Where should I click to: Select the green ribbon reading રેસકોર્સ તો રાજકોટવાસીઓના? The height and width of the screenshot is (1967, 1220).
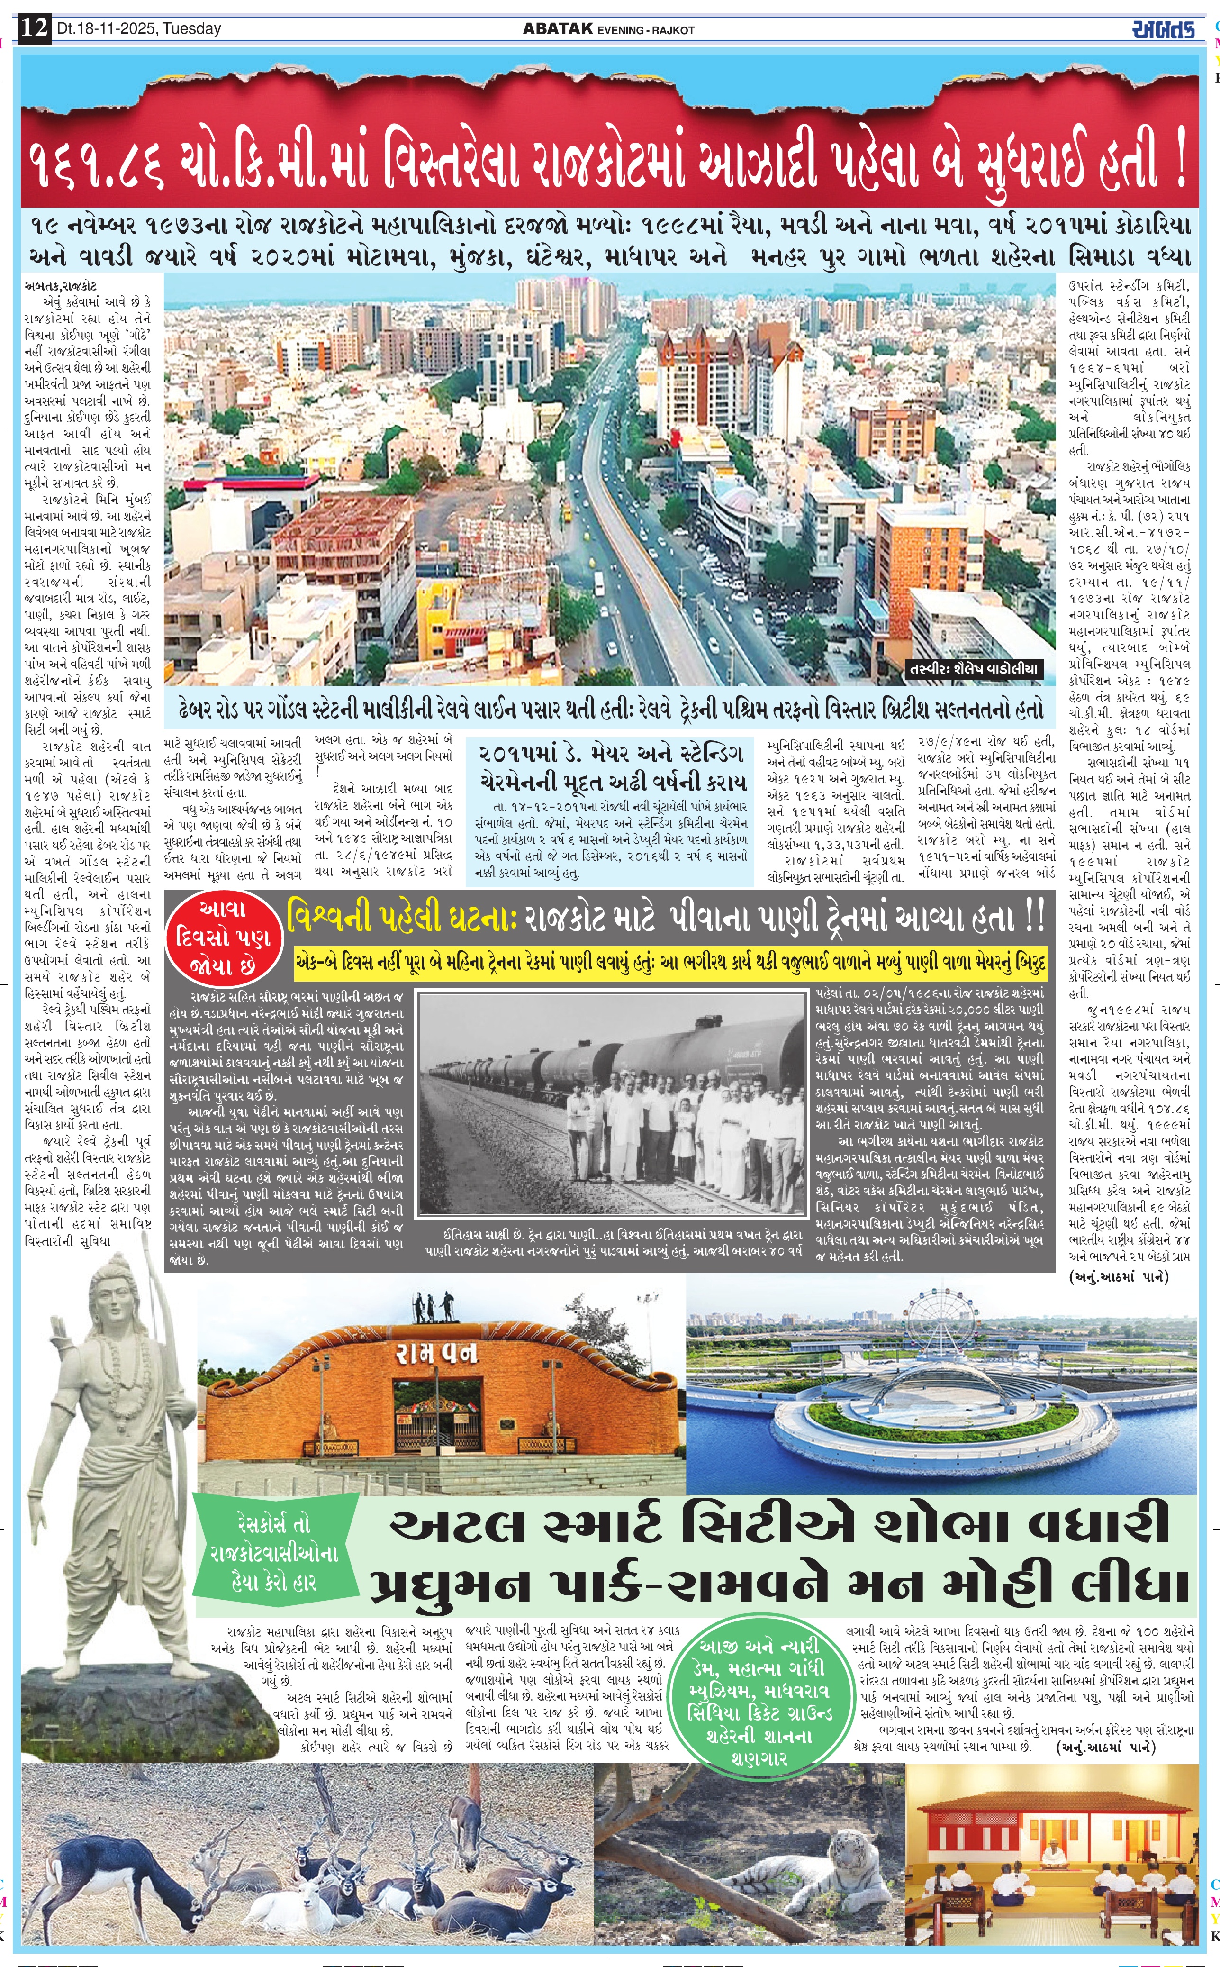(x=274, y=1552)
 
